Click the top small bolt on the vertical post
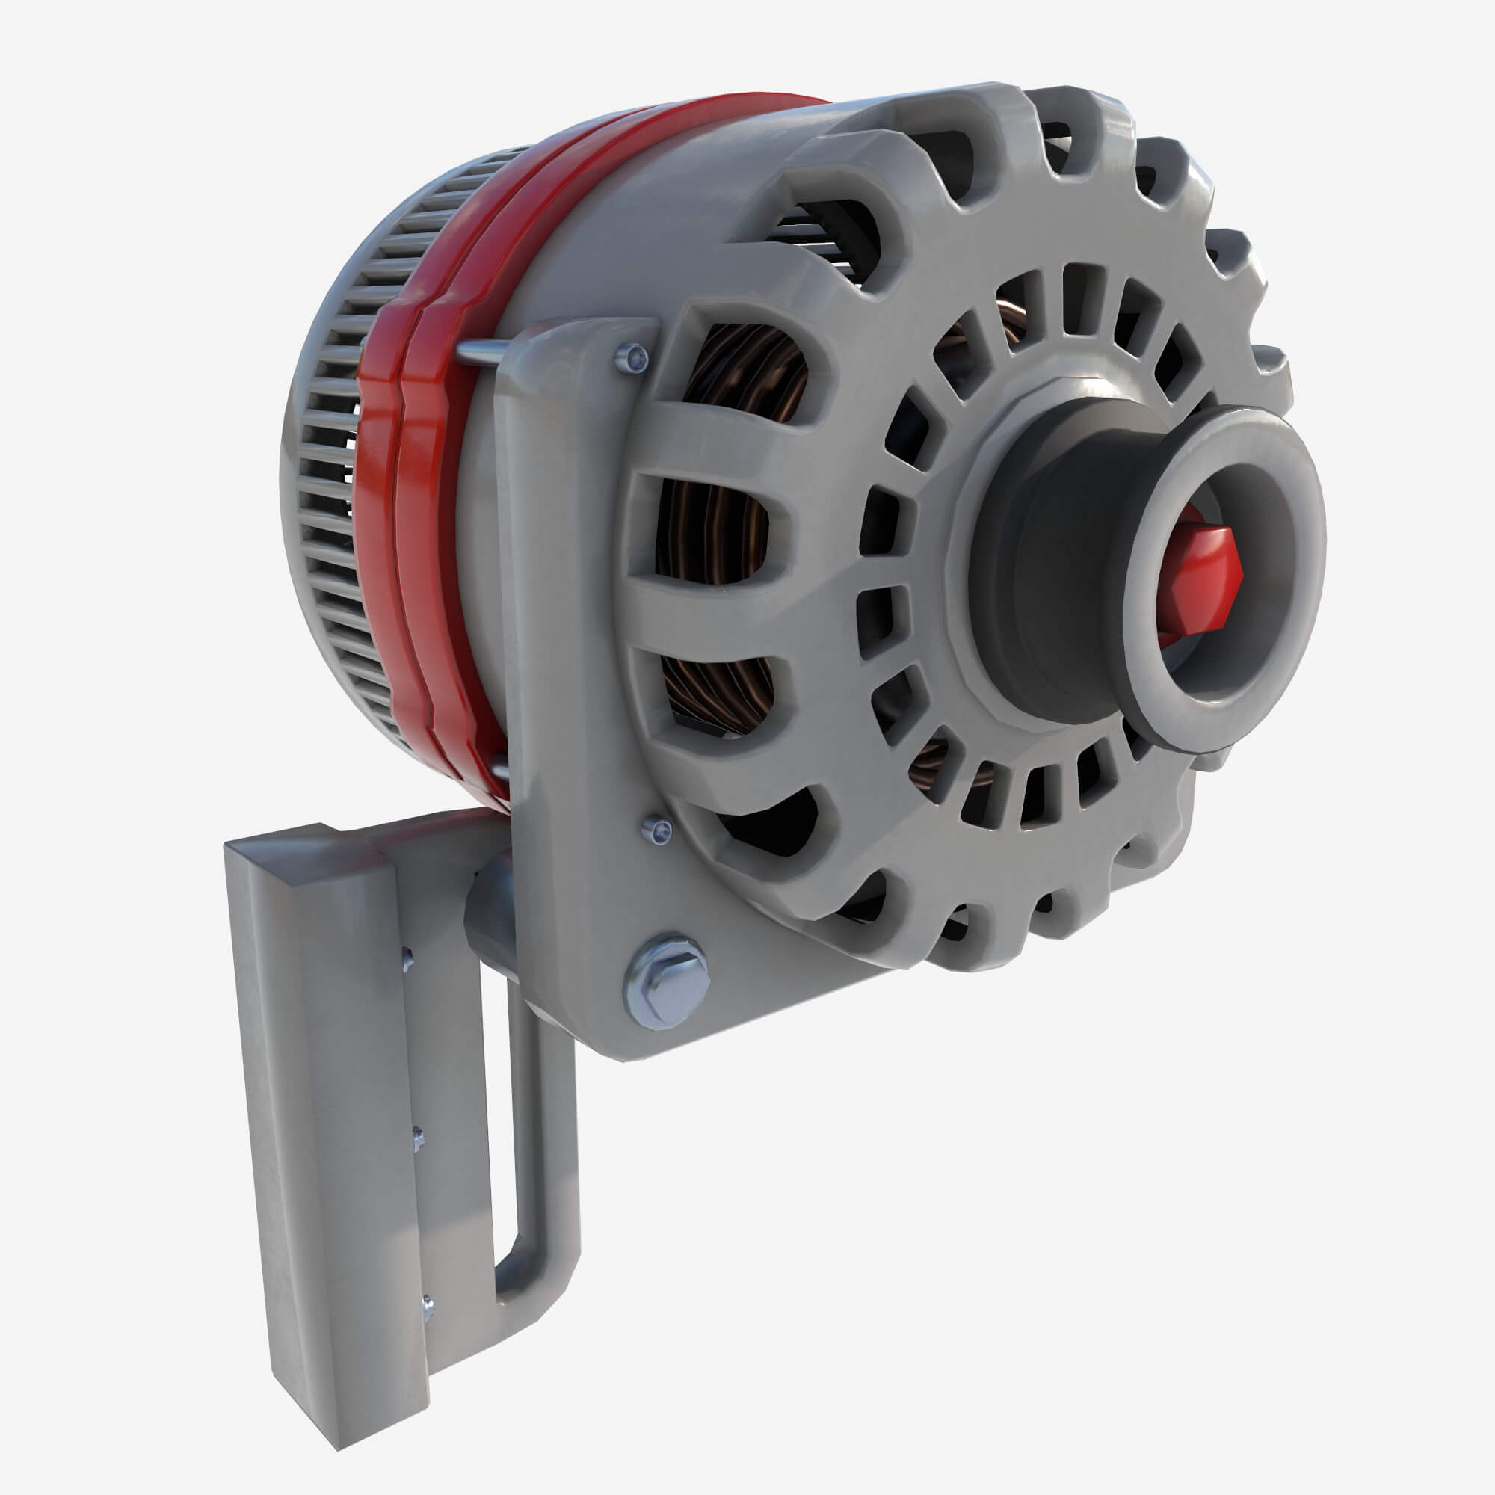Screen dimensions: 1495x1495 click(405, 962)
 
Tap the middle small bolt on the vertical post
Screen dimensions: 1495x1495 click(418, 1138)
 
